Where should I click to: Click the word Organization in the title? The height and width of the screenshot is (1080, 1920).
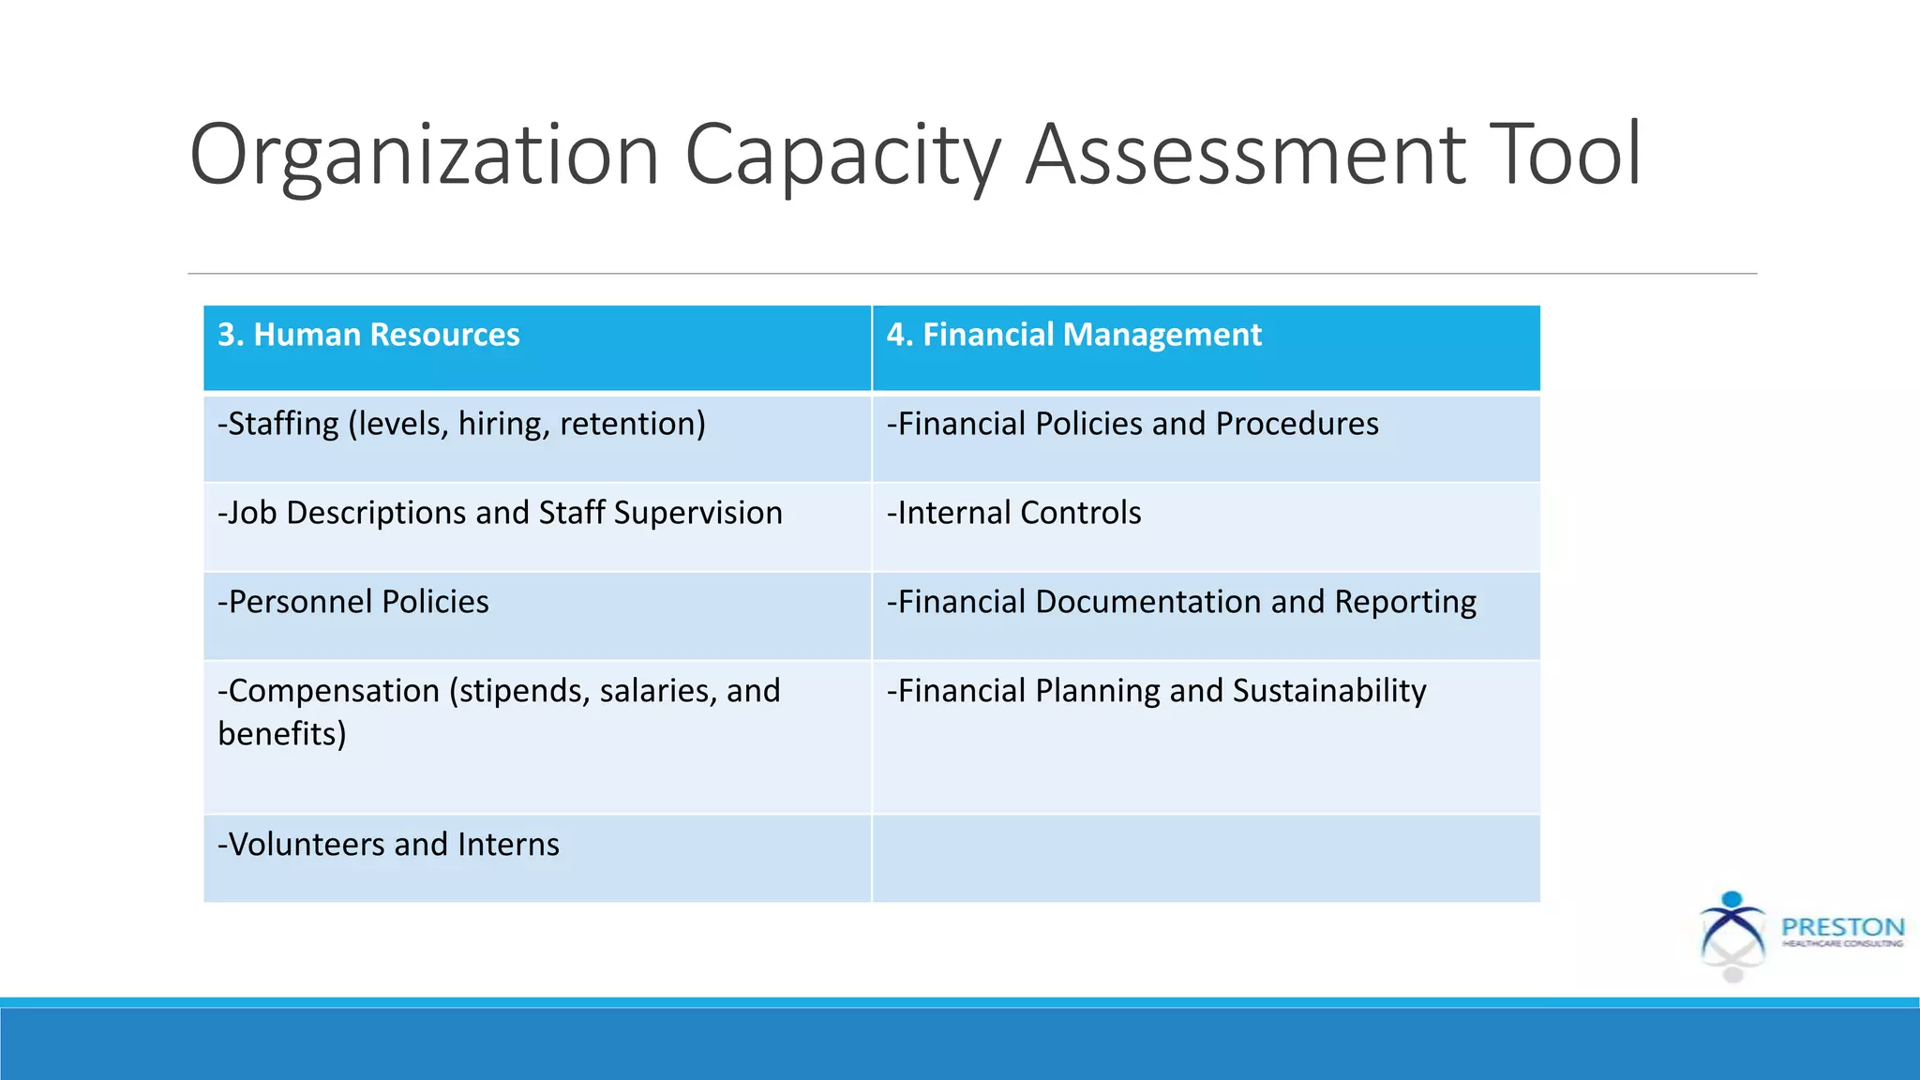coord(425,156)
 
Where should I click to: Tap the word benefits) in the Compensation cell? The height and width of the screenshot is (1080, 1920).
coord(282,734)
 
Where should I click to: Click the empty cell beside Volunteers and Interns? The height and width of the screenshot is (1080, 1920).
coord(1206,858)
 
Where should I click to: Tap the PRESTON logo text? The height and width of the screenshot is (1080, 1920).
coord(1842,927)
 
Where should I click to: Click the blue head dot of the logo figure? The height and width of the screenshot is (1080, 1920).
coord(1732,899)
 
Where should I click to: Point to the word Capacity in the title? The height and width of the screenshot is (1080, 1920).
coord(843,156)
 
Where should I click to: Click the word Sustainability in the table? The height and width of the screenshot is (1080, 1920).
coord(1329,692)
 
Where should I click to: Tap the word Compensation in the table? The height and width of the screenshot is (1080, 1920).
coord(334,692)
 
